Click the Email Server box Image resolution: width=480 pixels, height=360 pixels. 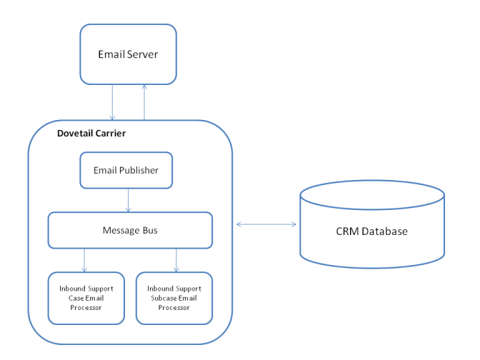(x=128, y=54)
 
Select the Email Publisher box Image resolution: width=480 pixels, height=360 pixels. (x=126, y=170)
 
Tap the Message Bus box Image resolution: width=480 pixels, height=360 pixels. (x=130, y=230)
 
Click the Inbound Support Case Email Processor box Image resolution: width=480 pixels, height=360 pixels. (x=84, y=297)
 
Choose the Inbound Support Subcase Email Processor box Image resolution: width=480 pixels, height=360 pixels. (x=174, y=297)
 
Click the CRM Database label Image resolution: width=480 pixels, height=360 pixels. (x=371, y=231)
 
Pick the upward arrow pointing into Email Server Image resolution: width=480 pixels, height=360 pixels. (x=144, y=102)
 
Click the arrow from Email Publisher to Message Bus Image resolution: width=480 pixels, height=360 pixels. (x=128, y=200)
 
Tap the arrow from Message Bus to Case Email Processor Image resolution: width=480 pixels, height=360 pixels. (x=84, y=260)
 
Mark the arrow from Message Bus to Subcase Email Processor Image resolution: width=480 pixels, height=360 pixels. (x=176, y=260)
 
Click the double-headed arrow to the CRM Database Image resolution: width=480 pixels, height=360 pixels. (x=266, y=225)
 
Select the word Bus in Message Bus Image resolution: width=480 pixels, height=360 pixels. (x=150, y=230)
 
